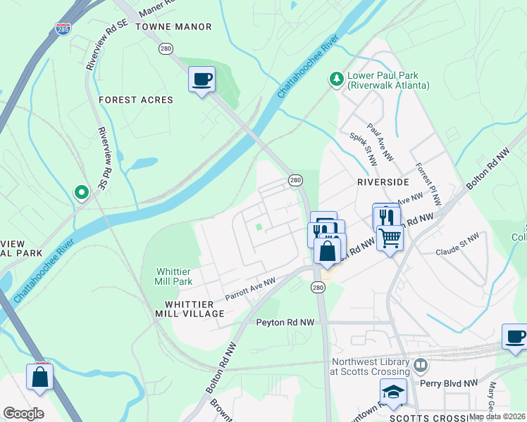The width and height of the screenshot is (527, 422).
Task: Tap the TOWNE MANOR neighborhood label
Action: pyautogui.click(x=173, y=27)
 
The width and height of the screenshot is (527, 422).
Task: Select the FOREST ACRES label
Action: pyautogui.click(x=136, y=100)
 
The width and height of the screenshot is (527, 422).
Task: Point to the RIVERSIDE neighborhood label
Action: pyautogui.click(x=383, y=181)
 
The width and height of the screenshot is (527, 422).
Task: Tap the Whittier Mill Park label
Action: pyautogui.click(x=173, y=276)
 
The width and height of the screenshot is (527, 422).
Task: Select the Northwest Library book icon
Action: pyautogui.click(x=421, y=365)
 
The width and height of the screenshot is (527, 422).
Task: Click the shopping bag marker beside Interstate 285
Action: pyautogui.click(x=40, y=376)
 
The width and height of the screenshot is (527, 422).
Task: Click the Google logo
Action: pyautogui.click(x=24, y=414)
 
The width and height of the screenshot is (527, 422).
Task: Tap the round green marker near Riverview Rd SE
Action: pyautogui.click(x=82, y=191)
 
